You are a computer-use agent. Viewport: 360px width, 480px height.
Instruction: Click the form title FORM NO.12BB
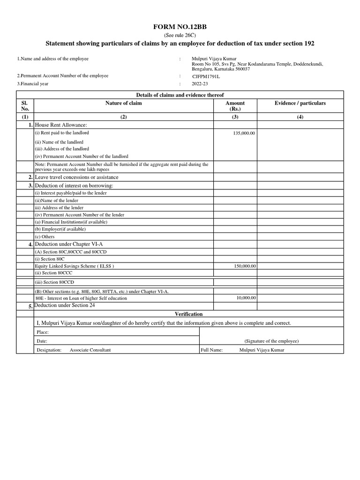click(x=180, y=28)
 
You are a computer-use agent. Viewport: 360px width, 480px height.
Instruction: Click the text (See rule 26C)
click(x=180, y=36)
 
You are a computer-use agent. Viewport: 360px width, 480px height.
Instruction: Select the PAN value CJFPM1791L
click(x=206, y=75)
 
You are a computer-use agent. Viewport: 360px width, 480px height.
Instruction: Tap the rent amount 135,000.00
click(x=244, y=134)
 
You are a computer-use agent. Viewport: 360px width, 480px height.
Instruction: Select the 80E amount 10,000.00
click(x=246, y=298)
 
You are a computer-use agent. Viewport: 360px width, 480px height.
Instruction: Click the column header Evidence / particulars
click(x=300, y=103)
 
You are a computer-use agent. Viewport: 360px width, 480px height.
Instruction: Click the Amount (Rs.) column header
click(x=235, y=106)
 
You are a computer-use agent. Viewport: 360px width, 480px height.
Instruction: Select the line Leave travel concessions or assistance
click(x=76, y=177)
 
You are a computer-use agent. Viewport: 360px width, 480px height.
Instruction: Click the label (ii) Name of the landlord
click(x=59, y=142)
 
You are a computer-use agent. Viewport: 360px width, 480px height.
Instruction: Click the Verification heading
click(x=188, y=314)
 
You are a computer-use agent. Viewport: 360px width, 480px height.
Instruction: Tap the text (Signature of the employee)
click(x=271, y=341)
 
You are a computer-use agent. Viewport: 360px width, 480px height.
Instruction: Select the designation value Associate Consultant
click(x=90, y=350)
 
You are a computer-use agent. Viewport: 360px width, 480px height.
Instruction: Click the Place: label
click(x=42, y=332)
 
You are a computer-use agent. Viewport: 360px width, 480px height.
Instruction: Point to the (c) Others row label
click(x=45, y=237)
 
